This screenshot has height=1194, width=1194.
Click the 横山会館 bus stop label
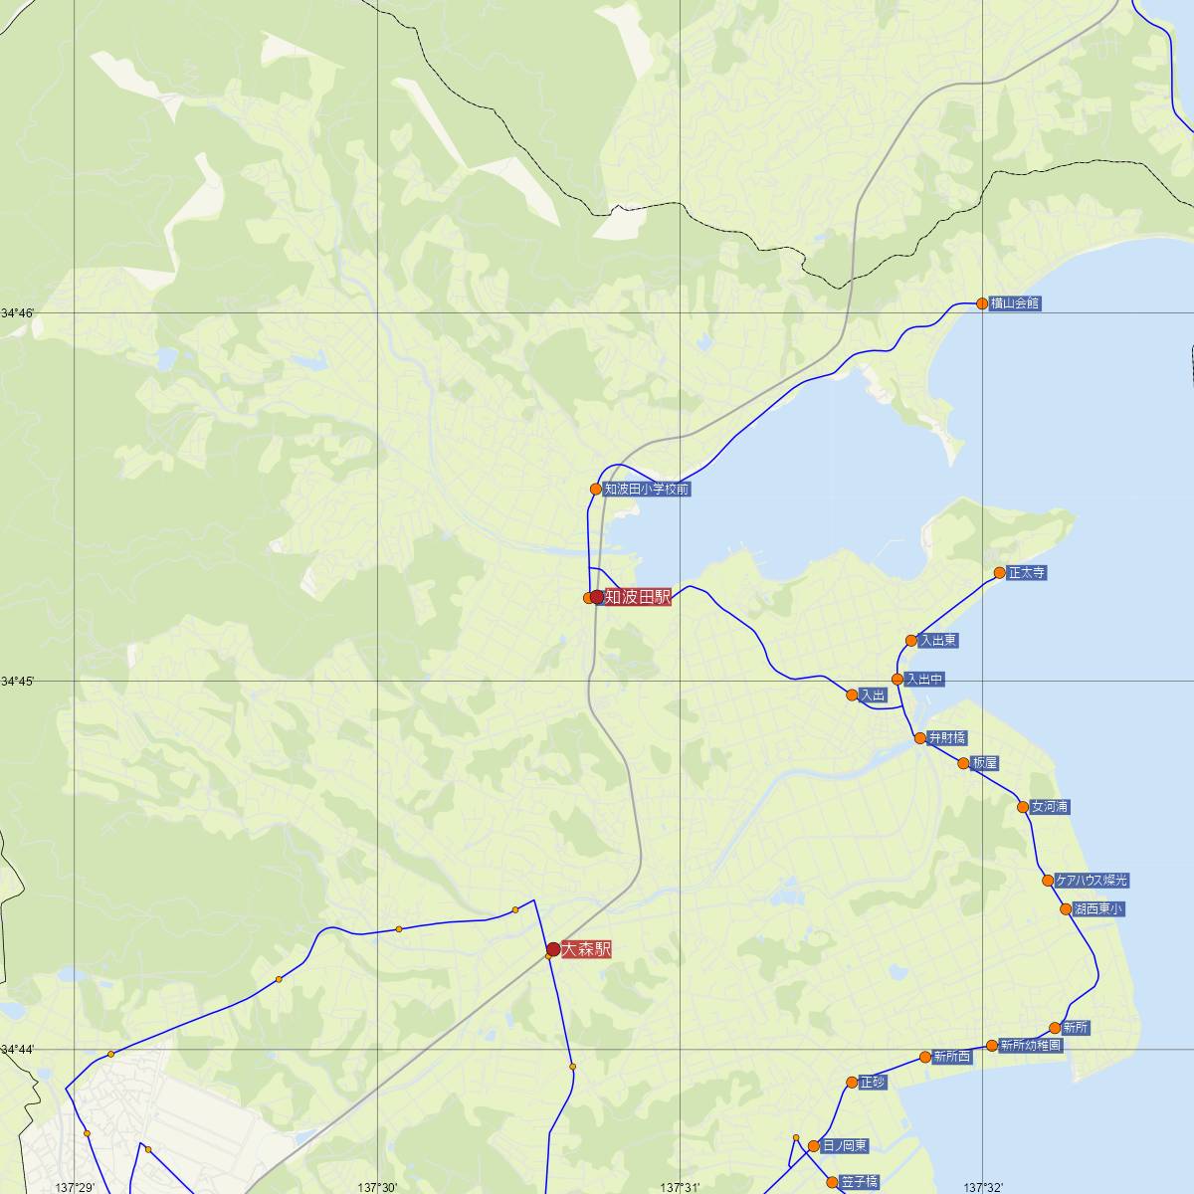pyautogui.click(x=1015, y=303)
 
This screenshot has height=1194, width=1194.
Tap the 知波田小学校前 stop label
pyautogui.click(x=646, y=490)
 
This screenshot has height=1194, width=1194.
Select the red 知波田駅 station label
pyautogui.click(x=638, y=597)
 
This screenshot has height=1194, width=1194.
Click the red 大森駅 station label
pyautogui.click(x=586, y=950)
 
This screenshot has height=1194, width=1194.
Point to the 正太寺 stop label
pyautogui.click(x=1026, y=573)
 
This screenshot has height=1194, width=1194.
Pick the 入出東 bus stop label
pyautogui.click(x=938, y=641)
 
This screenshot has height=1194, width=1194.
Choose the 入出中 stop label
pyautogui.click(x=924, y=680)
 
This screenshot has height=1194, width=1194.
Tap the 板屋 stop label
pyautogui.click(x=985, y=764)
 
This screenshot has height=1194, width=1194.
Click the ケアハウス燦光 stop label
pyautogui.click(x=1093, y=881)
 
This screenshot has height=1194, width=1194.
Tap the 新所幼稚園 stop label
pyautogui.click(x=1032, y=1046)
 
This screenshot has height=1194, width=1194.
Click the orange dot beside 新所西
pyautogui.click(x=925, y=1057)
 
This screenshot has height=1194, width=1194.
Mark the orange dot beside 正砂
pyautogui.click(x=852, y=1083)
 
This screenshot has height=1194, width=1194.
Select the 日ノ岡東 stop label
pyautogui.click(x=845, y=1146)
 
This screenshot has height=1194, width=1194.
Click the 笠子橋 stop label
pyautogui.click(x=859, y=1182)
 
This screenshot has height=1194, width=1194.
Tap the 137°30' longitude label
pyautogui.click(x=377, y=1187)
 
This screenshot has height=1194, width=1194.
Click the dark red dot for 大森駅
pyautogui.click(x=552, y=949)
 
